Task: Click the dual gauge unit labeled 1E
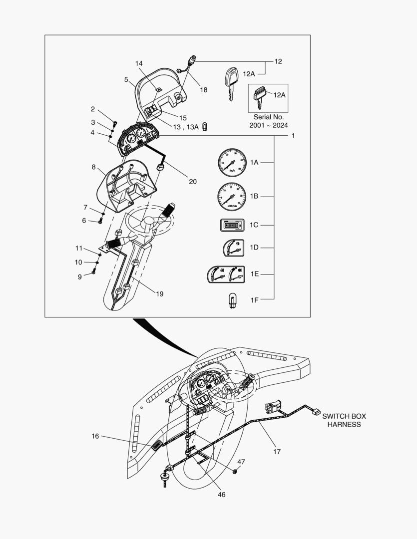click(x=226, y=274)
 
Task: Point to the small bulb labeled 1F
click(x=232, y=300)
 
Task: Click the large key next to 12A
click(x=230, y=81)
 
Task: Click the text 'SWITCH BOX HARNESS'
click(x=344, y=420)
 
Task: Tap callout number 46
click(x=222, y=495)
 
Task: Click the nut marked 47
click(x=236, y=471)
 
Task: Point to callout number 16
click(x=95, y=436)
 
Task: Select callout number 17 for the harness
click(x=277, y=451)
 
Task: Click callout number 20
click(x=192, y=182)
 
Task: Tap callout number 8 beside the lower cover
click(x=93, y=167)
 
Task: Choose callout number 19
click(x=159, y=294)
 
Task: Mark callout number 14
click(x=139, y=63)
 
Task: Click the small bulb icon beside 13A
click(x=205, y=127)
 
